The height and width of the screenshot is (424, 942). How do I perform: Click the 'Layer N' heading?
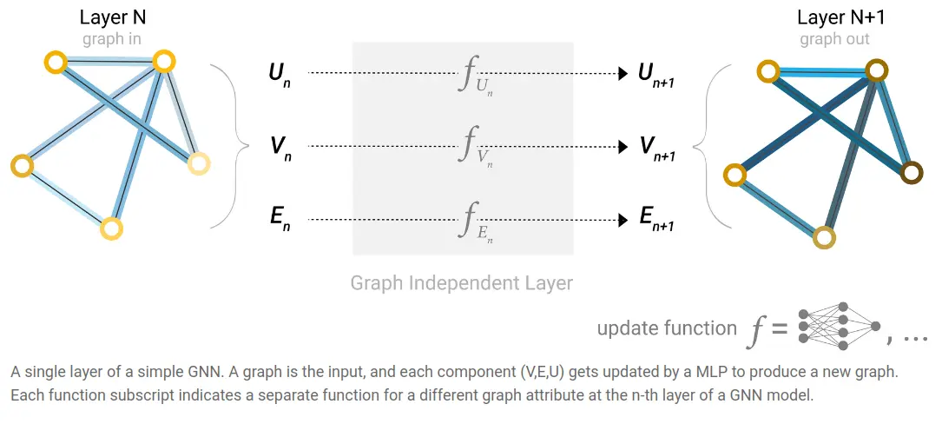click(x=111, y=17)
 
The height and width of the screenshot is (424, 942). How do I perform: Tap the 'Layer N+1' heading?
click(x=833, y=17)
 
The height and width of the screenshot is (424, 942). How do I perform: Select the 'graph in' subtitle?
click(x=111, y=39)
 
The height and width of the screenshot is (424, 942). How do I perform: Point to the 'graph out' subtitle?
click(x=834, y=39)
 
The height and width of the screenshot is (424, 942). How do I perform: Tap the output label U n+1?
click(x=655, y=76)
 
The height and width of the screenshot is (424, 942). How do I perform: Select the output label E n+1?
click(x=656, y=221)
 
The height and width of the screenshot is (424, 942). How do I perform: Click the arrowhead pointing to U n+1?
click(x=622, y=74)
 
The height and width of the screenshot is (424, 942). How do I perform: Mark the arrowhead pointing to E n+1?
click(x=622, y=220)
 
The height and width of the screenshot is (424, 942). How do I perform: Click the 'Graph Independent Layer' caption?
click(x=462, y=283)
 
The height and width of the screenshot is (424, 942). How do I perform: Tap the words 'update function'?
click(x=667, y=328)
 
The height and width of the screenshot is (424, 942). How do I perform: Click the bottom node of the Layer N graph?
click(x=110, y=229)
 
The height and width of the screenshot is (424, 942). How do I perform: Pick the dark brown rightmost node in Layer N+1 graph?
click(x=911, y=172)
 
